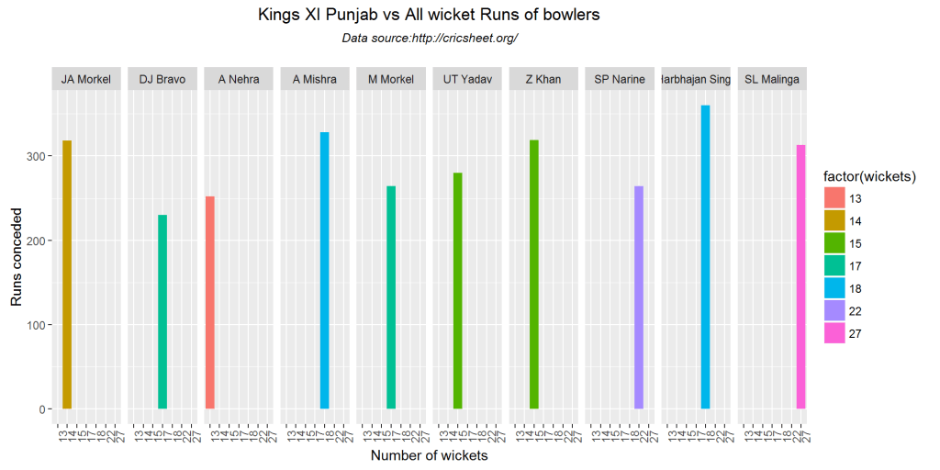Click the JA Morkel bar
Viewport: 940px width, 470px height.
[x=67, y=274]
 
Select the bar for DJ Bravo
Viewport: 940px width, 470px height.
[x=162, y=312]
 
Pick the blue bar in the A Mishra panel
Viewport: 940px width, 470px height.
[x=325, y=270]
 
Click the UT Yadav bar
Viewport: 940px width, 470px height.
[x=458, y=290]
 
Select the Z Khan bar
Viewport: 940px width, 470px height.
[x=534, y=274]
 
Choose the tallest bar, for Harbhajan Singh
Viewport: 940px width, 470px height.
[x=706, y=257]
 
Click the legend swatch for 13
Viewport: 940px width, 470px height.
[x=834, y=198]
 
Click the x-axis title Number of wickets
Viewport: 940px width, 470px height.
[x=429, y=455]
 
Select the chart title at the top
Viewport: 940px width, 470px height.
[x=429, y=16]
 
